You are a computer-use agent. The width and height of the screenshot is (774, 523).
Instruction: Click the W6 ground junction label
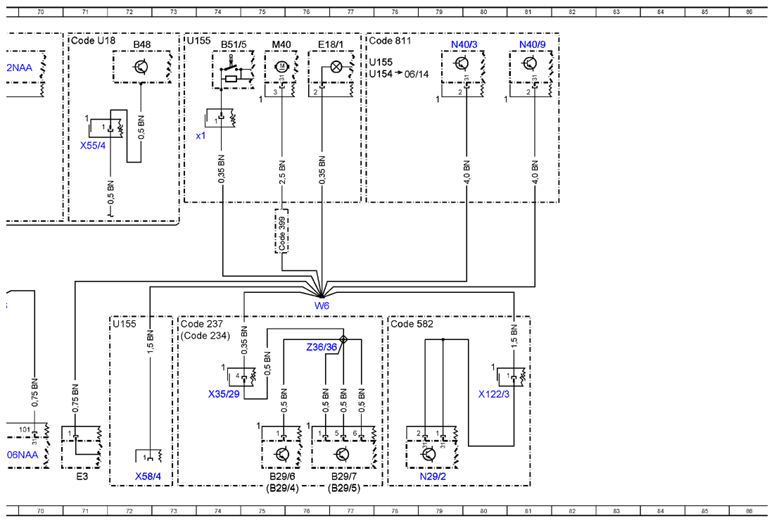[x=322, y=305]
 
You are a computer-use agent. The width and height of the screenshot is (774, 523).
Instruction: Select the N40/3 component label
[x=464, y=44]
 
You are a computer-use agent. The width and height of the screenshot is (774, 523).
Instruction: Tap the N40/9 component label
[x=532, y=44]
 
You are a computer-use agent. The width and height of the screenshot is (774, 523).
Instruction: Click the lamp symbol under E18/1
[x=336, y=66]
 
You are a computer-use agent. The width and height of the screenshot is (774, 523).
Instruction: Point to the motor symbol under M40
[x=282, y=65]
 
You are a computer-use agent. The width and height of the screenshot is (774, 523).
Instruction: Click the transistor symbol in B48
[x=141, y=67]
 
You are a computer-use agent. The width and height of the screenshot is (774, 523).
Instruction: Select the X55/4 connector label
[x=93, y=146]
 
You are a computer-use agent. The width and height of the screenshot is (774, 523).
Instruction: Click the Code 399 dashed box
[x=282, y=231]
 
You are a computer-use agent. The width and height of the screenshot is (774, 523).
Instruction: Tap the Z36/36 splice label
[x=322, y=347]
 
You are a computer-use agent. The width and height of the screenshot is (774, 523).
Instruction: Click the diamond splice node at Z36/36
[x=343, y=339]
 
